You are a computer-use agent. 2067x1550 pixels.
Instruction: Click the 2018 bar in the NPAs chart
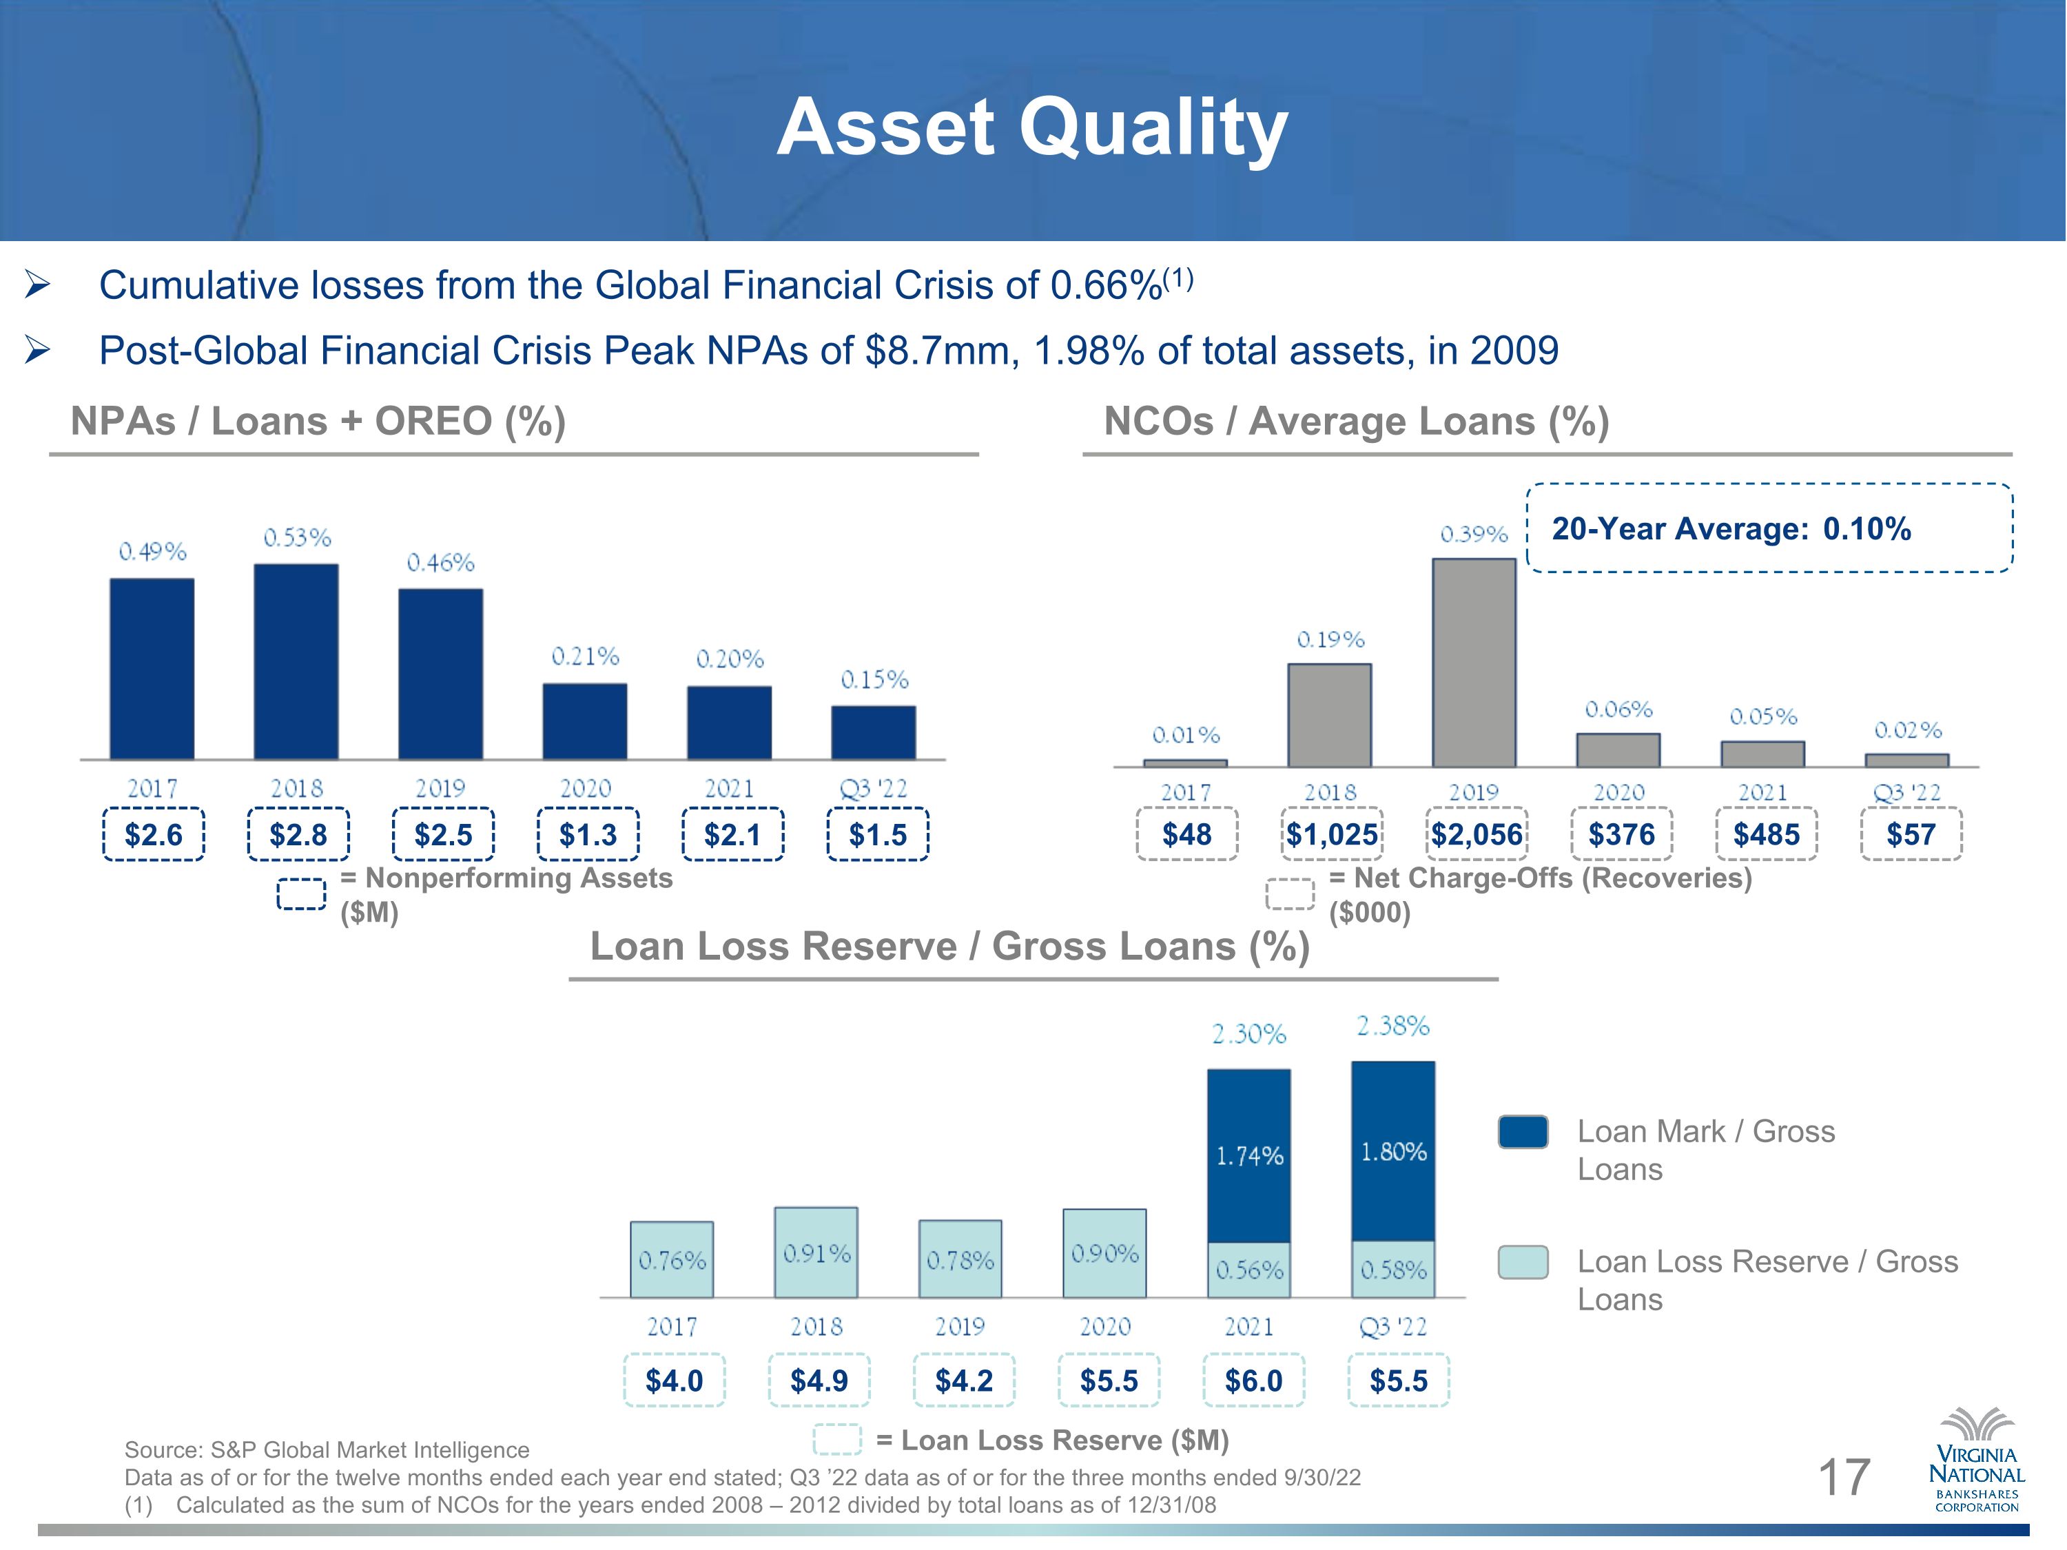(x=296, y=661)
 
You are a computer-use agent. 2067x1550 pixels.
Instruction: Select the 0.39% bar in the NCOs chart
(x=1474, y=663)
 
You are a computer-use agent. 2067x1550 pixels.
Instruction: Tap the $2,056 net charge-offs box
(x=1477, y=834)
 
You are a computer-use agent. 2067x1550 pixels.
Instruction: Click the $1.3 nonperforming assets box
(x=588, y=834)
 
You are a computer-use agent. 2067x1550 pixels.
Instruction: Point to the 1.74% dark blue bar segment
(x=1248, y=1156)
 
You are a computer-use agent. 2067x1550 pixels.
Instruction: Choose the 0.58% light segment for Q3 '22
(x=1393, y=1269)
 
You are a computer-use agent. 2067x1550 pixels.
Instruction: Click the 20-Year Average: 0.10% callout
(x=1769, y=528)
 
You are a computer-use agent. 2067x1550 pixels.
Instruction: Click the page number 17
(x=1843, y=1477)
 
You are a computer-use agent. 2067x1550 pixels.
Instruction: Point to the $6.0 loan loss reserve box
(x=1253, y=1380)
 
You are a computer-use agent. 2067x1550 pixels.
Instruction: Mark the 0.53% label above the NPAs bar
(x=297, y=537)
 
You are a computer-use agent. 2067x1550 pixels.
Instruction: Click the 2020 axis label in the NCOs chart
(x=1618, y=792)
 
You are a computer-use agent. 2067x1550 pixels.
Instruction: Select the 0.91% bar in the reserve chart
(x=816, y=1252)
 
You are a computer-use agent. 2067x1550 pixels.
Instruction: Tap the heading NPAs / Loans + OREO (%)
(x=318, y=422)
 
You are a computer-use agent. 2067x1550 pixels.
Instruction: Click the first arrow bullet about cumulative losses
(x=37, y=285)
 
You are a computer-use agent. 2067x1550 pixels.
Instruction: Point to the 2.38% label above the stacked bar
(x=1393, y=1026)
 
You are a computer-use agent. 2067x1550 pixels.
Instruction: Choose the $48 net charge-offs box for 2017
(x=1186, y=834)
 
